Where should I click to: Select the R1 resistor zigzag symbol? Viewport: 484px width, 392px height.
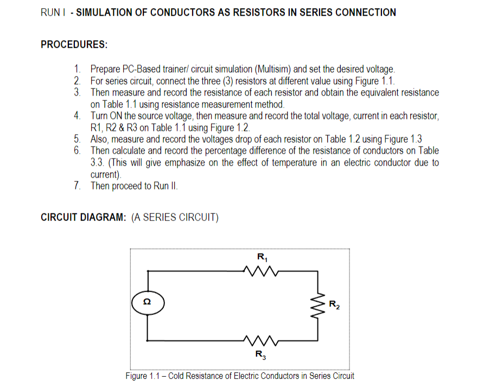click(x=262, y=270)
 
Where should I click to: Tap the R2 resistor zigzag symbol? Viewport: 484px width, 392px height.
click(x=318, y=306)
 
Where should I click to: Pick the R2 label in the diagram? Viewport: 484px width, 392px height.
click(x=335, y=305)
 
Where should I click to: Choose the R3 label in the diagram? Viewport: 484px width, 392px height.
click(x=262, y=355)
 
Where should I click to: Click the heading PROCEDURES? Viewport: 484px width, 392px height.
click(x=74, y=45)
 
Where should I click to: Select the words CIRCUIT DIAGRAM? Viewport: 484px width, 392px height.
click(x=84, y=218)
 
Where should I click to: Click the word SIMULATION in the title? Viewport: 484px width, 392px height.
click(x=104, y=12)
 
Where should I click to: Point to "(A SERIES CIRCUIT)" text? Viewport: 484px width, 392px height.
click(x=175, y=218)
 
